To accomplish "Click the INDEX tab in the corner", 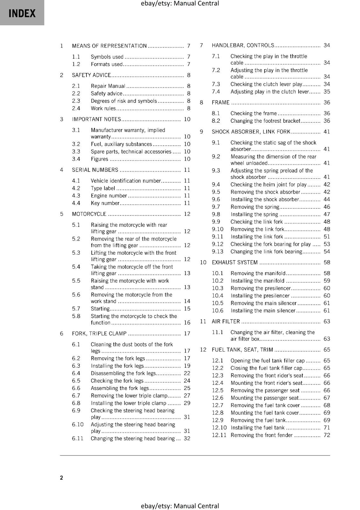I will tap(22, 13).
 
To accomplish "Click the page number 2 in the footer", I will tap(61, 477).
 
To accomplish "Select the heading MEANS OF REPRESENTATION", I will tap(109, 46).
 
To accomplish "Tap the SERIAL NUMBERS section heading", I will tap(95, 170).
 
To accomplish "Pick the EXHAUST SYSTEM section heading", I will tap(234, 262).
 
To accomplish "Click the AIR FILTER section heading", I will tap(226, 321).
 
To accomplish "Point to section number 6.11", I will tap(77, 438).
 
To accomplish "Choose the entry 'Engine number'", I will tap(109, 196).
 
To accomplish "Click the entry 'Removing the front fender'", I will tap(261, 435).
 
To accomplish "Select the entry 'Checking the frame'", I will tap(254, 113).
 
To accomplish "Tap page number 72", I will tap(327, 435).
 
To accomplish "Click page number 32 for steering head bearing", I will tap(187, 438).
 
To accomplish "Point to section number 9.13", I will tap(218, 251).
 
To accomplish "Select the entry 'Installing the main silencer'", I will tap(263, 310).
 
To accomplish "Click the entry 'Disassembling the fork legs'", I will tap(123, 373).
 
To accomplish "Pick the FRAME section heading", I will tap(220, 103).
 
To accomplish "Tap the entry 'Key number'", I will tap(105, 203).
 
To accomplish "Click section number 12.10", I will tap(219, 428).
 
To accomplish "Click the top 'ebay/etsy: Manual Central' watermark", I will tap(180, 4).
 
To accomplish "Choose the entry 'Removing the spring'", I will tap(255, 207).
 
